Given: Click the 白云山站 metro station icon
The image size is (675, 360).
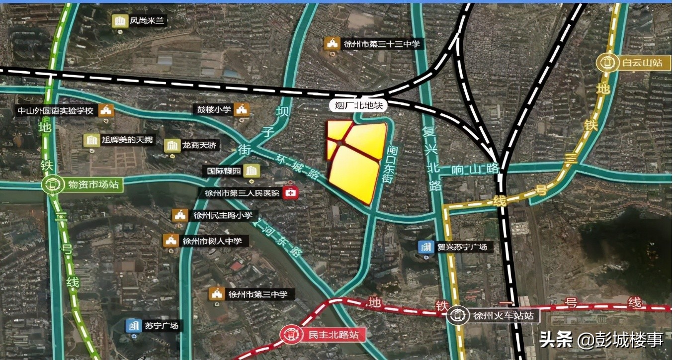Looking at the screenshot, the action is coord(607,63).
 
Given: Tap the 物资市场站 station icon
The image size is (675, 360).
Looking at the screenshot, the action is coord(51,185).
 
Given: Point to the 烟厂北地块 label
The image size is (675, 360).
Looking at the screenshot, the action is coord(357,105).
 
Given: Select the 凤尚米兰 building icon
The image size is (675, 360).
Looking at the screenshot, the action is coord(119,21).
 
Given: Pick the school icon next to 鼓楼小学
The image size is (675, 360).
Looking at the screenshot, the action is coord(242,109).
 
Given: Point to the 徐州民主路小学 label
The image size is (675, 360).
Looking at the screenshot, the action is coord(219,215).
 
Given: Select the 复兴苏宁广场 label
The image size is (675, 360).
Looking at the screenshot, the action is coord(462,246).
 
